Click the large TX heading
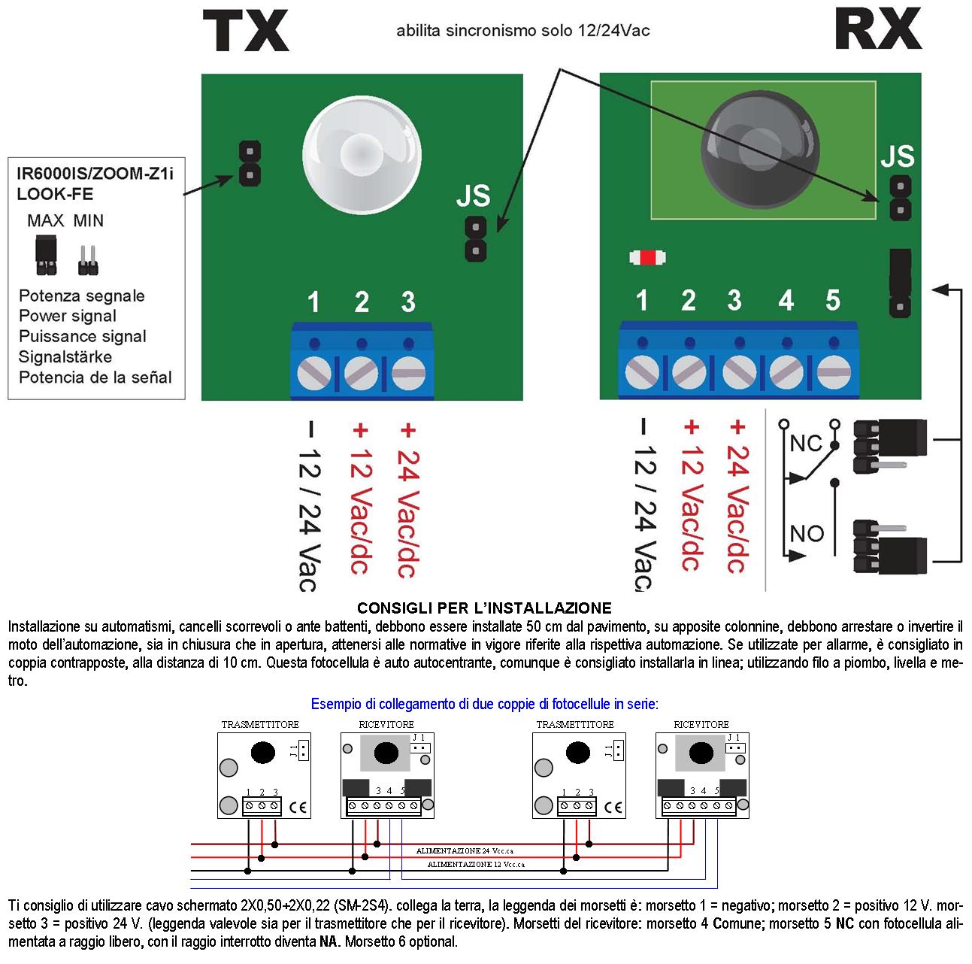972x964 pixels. pyautogui.click(x=245, y=32)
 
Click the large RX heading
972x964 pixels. pyautogui.click(x=877, y=30)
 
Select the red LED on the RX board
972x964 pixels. pyautogui.click(x=647, y=258)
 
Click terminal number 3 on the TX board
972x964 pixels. pyautogui.click(x=408, y=302)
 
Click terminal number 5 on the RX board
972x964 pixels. pyautogui.click(x=832, y=300)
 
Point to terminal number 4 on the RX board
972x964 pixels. pyautogui.click(x=786, y=301)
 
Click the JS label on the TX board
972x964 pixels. pyautogui.click(x=473, y=197)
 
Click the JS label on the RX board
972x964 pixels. pyautogui.click(x=897, y=156)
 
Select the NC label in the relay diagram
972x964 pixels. pyautogui.click(x=806, y=444)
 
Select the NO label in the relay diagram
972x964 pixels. pyautogui.click(x=807, y=534)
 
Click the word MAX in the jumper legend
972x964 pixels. pyautogui.click(x=46, y=221)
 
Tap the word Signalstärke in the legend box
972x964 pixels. pyautogui.click(x=65, y=357)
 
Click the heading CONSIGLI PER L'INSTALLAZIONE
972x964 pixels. pyautogui.click(x=484, y=608)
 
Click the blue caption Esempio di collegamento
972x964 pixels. pyautogui.click(x=484, y=705)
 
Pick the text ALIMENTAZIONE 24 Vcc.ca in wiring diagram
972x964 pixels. pyautogui.click(x=470, y=850)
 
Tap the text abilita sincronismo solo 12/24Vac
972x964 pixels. pyautogui.click(x=523, y=31)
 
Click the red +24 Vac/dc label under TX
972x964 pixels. pyautogui.click(x=407, y=500)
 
